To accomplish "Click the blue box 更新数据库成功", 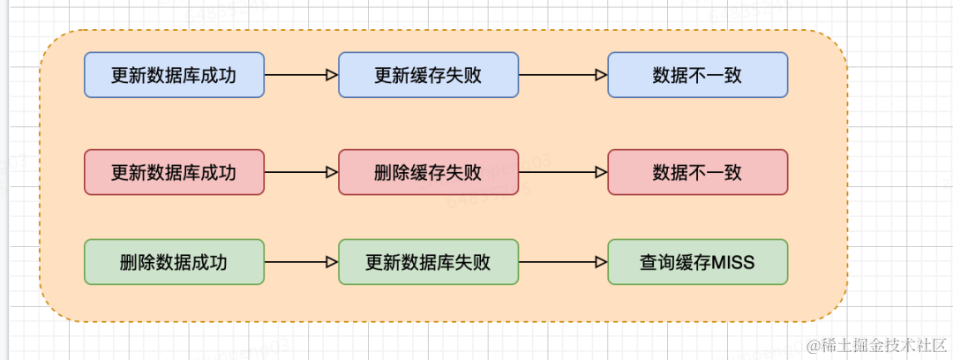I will [x=174, y=75].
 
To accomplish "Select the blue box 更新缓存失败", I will [x=428, y=75].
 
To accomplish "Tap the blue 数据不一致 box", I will [x=697, y=75].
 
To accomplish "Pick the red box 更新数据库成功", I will [x=174, y=172].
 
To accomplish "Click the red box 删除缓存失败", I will [x=428, y=172].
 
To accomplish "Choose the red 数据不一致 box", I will [x=697, y=172].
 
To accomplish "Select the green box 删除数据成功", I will [x=174, y=262].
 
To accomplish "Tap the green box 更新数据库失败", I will [x=428, y=262].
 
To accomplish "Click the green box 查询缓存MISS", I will [x=697, y=262].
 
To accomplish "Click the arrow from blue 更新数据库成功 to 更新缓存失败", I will [x=301, y=75].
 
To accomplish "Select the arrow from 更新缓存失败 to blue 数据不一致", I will [x=562, y=75].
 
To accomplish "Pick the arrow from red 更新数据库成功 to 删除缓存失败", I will [x=301, y=172].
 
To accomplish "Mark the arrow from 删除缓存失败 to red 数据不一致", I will [x=562, y=172].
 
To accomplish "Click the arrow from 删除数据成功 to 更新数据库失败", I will [x=301, y=262].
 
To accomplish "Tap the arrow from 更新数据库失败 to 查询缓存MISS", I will [x=562, y=262].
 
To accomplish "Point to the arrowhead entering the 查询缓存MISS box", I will [x=602, y=262].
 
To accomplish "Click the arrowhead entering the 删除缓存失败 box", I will [x=333, y=172].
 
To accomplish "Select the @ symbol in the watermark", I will [x=814, y=344].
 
